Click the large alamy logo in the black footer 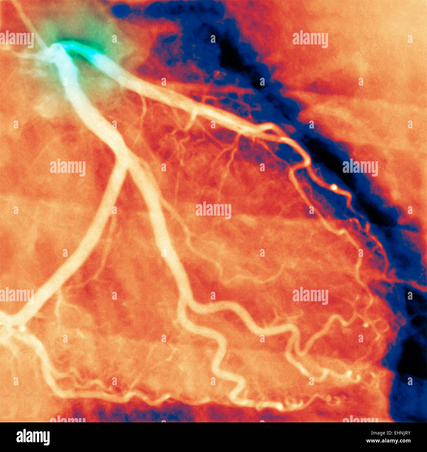click(33, 437)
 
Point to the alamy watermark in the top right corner click(310, 39)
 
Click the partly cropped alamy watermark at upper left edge click(16, 39)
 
